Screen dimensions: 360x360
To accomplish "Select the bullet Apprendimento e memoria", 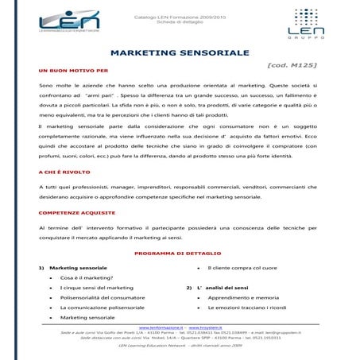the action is click(239, 297).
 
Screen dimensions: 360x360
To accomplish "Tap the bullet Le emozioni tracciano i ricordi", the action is click(246, 307).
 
